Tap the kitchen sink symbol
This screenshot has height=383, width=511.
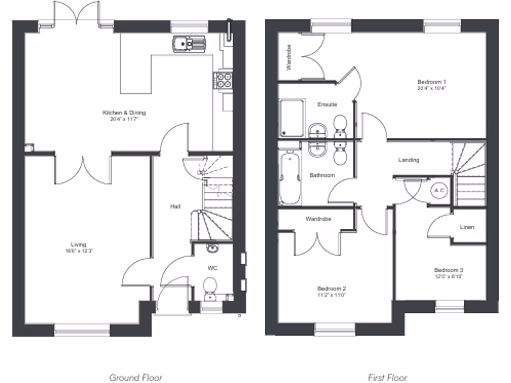click(x=189, y=44)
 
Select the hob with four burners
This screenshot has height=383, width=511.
click(x=223, y=80)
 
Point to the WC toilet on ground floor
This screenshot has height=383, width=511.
click(x=210, y=286)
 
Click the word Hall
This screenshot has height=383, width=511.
click(x=175, y=206)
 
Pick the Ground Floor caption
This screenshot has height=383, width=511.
click(x=135, y=377)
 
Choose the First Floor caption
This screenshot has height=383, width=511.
click(x=387, y=377)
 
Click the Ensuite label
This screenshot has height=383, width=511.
click(x=327, y=105)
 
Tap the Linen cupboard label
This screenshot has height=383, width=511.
click(x=467, y=227)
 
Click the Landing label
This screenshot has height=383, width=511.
click(x=408, y=160)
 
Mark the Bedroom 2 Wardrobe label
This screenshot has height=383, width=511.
click(x=319, y=219)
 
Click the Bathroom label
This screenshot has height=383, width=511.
click(x=322, y=175)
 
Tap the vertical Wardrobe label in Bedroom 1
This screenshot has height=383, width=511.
click(x=289, y=56)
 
